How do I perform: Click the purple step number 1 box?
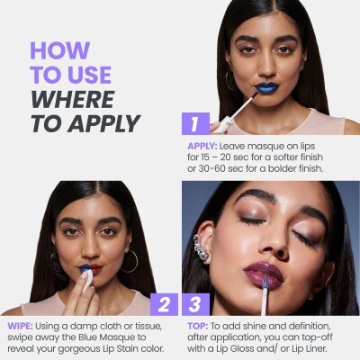point(195,123)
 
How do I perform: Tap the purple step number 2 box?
point(164,304)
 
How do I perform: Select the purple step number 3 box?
point(195,304)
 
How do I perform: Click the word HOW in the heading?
point(60,50)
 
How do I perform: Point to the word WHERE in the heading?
point(73,99)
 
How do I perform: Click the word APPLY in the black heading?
point(103,123)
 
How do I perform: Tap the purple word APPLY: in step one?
point(202,147)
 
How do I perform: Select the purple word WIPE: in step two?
point(20,326)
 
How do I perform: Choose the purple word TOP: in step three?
point(198,326)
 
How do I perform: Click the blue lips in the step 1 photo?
point(266,87)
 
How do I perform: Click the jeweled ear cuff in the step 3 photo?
point(201,247)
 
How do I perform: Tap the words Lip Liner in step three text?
point(310,349)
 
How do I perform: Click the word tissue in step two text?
point(148,326)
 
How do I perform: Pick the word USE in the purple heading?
point(91,75)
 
